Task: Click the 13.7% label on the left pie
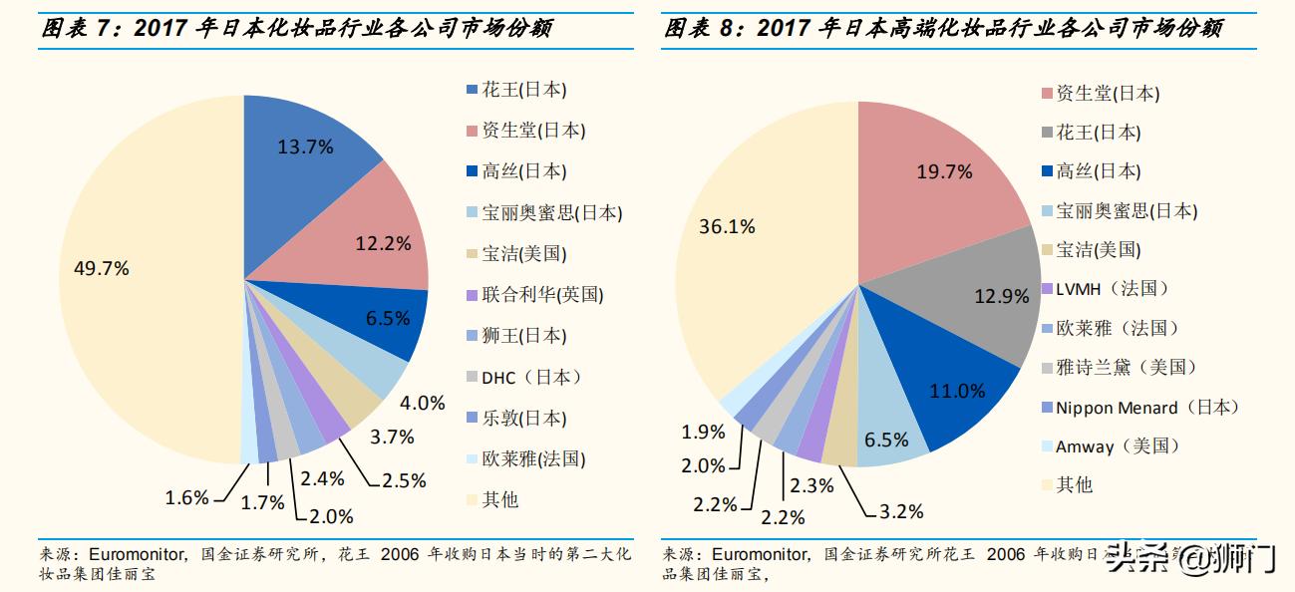coord(305,147)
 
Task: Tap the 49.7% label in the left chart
coord(102,268)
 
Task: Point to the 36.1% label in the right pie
coord(727,226)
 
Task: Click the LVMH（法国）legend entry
coord(1099,289)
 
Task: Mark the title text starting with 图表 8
coord(943,29)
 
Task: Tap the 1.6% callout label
coord(187,497)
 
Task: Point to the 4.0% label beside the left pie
coord(423,403)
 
